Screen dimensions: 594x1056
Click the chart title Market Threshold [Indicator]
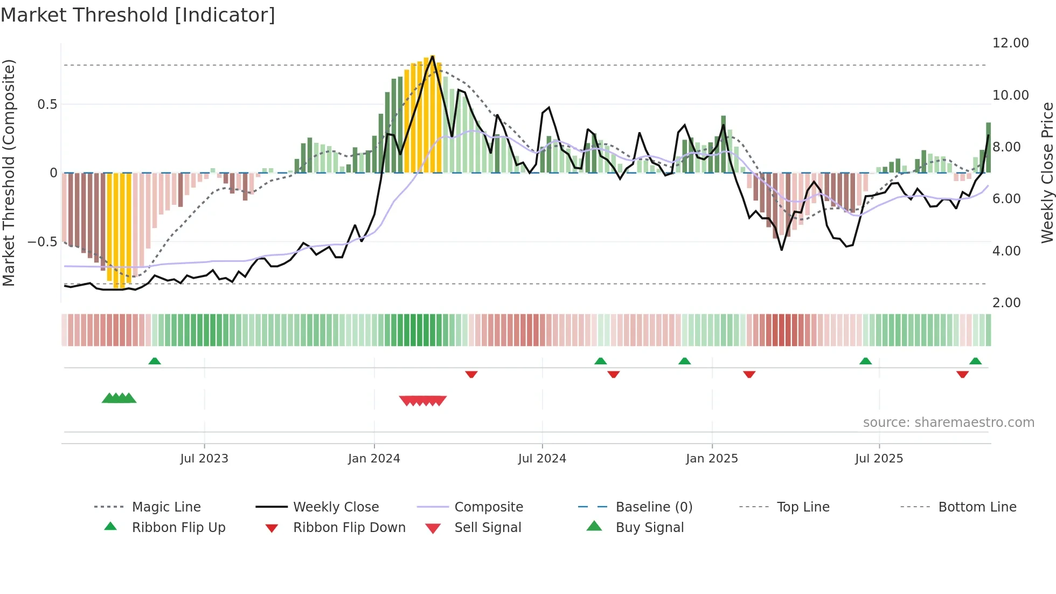138,15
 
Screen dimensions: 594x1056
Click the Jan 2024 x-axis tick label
374,459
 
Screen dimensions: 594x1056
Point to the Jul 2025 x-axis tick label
879,459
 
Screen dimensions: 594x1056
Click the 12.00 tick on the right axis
1010,43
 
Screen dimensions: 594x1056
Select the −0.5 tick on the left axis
43,241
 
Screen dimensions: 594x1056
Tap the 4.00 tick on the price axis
1006,251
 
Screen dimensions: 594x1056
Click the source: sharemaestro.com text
948,423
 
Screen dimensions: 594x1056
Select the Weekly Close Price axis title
1047,172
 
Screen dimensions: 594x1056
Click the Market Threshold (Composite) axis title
9,172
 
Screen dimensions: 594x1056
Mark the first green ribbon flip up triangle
155,361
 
